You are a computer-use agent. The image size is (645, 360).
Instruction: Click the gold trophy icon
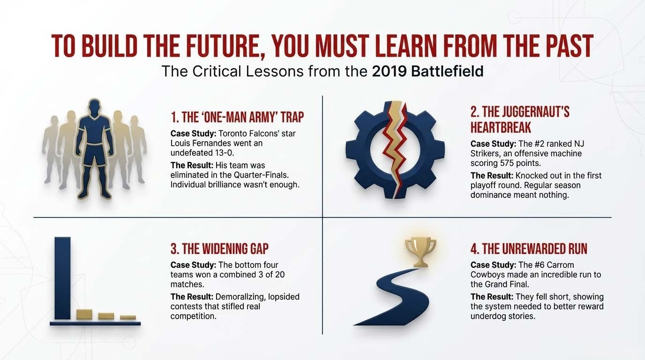[x=420, y=251]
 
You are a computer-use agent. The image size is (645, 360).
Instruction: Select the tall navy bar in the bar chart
[x=62, y=278]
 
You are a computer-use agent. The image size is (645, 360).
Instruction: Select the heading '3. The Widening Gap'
[x=219, y=248]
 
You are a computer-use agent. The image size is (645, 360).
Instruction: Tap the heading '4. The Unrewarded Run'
[x=529, y=248]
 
